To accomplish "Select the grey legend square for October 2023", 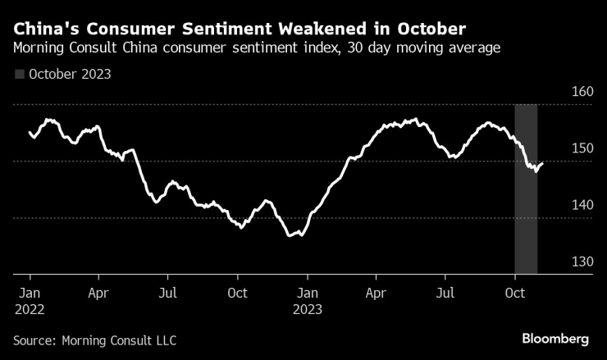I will tap(19, 74).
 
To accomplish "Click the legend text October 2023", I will tap(70, 74).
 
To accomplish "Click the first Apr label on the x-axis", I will tap(98, 292).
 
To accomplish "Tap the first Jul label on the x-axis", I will tap(167, 292).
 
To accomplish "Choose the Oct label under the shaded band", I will tap(516, 292).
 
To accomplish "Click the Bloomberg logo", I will tap(555, 339).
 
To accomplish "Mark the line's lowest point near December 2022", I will tap(290, 236).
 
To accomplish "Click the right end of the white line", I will tap(542, 163).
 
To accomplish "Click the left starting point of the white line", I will tap(30, 132).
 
